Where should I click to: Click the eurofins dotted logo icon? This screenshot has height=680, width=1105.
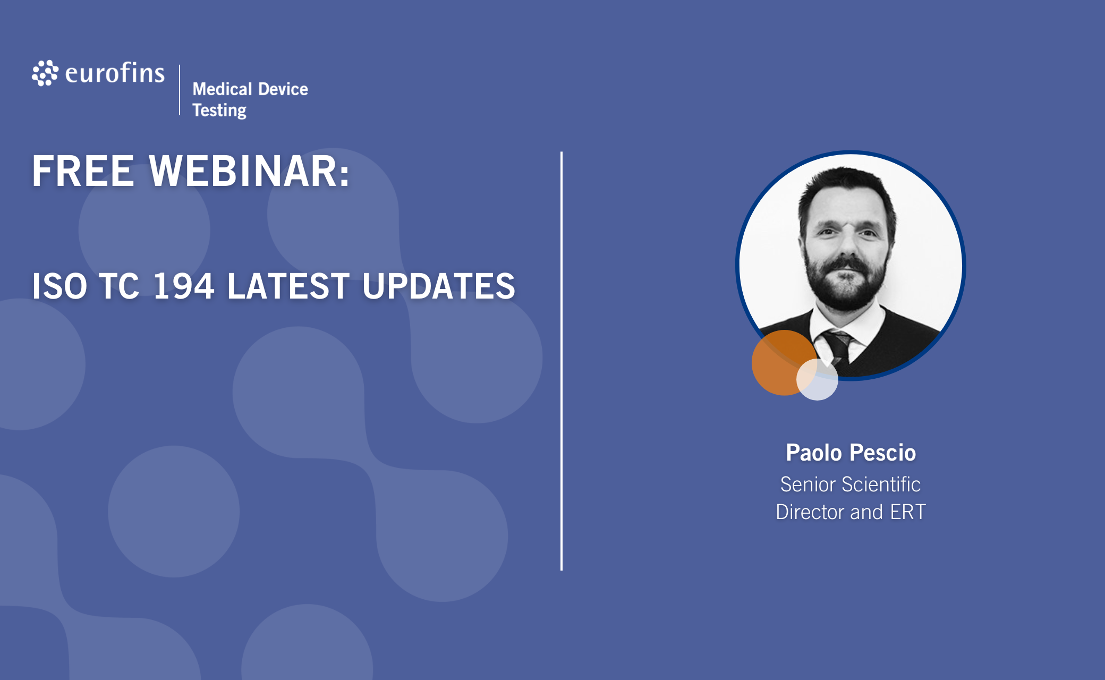[45, 73]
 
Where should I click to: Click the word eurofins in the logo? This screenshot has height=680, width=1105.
[115, 73]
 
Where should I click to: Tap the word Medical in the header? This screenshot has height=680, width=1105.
[222, 89]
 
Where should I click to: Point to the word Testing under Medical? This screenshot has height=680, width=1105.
[219, 110]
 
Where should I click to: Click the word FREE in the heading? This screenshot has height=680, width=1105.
[83, 171]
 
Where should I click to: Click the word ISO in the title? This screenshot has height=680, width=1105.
[59, 286]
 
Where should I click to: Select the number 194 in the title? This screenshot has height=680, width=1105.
[183, 286]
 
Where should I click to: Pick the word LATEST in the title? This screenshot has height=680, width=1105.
[288, 286]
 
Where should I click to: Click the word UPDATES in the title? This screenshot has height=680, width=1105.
[439, 286]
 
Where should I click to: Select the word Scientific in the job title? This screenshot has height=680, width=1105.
[881, 484]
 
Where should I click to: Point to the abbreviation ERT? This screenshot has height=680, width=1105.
[908, 512]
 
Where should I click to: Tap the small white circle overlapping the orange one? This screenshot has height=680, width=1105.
[817, 379]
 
